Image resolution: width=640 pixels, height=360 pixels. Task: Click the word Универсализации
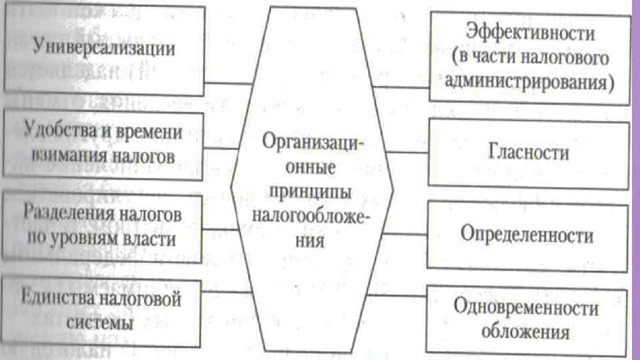(x=104, y=49)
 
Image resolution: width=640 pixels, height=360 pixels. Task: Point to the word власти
(x=153, y=239)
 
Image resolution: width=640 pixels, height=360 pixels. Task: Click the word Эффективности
(x=531, y=33)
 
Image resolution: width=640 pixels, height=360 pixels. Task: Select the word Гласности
(x=529, y=152)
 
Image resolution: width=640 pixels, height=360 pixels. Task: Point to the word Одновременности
(x=527, y=309)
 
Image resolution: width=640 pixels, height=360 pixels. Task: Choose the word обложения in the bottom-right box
(x=527, y=332)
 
